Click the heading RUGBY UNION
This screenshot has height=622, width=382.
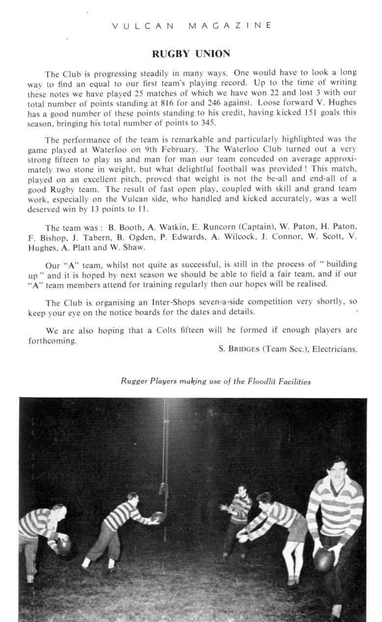(x=191, y=53)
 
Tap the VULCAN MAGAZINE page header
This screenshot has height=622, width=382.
(x=191, y=26)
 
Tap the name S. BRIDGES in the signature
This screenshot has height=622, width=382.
(x=239, y=349)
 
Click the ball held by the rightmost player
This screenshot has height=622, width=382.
(x=324, y=559)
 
